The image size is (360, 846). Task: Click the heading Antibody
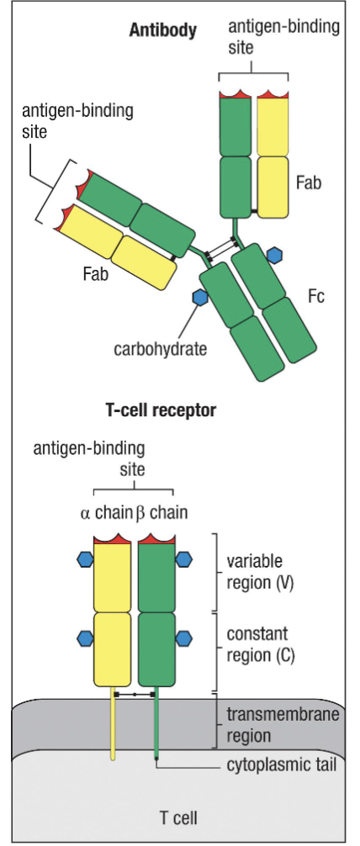coord(162,31)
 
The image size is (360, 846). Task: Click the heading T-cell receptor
coord(161,411)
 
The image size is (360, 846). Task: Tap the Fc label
coord(316,296)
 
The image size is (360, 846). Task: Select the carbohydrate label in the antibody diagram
coord(160,346)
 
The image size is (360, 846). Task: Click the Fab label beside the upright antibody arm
coord(310,181)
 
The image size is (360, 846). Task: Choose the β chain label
coord(162,512)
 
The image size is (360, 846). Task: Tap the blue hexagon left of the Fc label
coord(275,253)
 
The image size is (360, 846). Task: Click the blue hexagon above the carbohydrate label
coord(200,297)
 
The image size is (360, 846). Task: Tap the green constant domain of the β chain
coord(156,650)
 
